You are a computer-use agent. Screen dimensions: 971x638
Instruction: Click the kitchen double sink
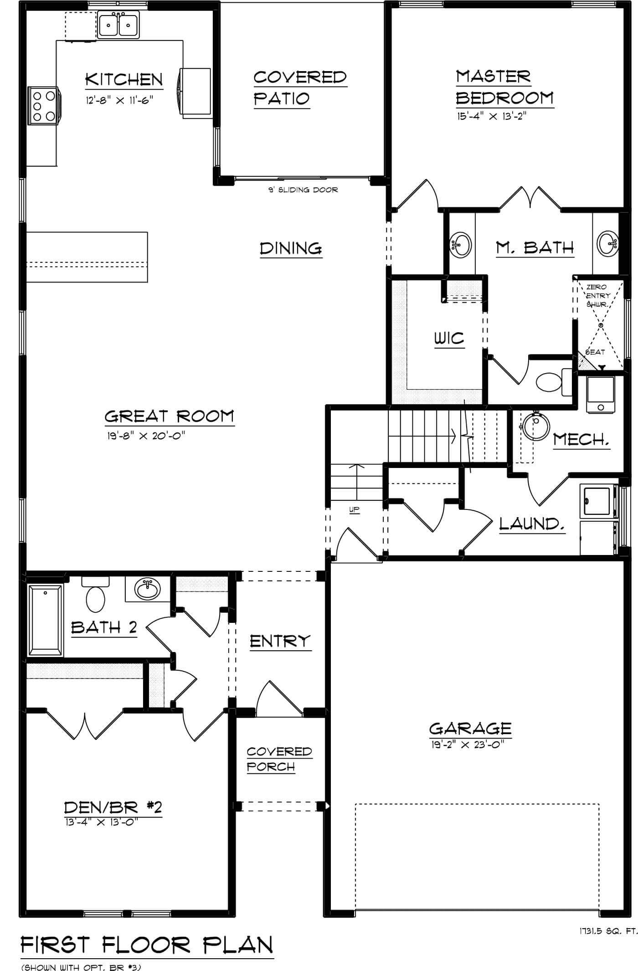(119, 26)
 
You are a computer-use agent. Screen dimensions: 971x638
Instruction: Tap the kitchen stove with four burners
(44, 106)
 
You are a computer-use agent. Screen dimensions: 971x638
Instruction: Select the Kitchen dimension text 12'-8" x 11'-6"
(118, 100)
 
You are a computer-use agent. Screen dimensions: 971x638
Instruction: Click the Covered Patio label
(299, 87)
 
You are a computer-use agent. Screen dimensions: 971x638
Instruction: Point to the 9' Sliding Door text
(303, 190)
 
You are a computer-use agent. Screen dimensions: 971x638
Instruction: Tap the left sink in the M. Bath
(461, 245)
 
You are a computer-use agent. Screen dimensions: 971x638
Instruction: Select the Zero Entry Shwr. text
(597, 295)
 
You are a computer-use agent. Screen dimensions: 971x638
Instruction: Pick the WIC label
(449, 339)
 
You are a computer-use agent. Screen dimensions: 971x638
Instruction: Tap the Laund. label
(532, 524)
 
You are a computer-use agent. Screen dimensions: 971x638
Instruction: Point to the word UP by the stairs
(355, 510)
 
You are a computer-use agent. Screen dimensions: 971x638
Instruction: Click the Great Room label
(169, 416)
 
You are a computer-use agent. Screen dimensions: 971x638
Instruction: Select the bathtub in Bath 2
(46, 620)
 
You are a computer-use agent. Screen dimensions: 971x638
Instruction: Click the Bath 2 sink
(148, 590)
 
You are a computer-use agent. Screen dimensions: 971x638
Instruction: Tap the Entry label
(280, 641)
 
